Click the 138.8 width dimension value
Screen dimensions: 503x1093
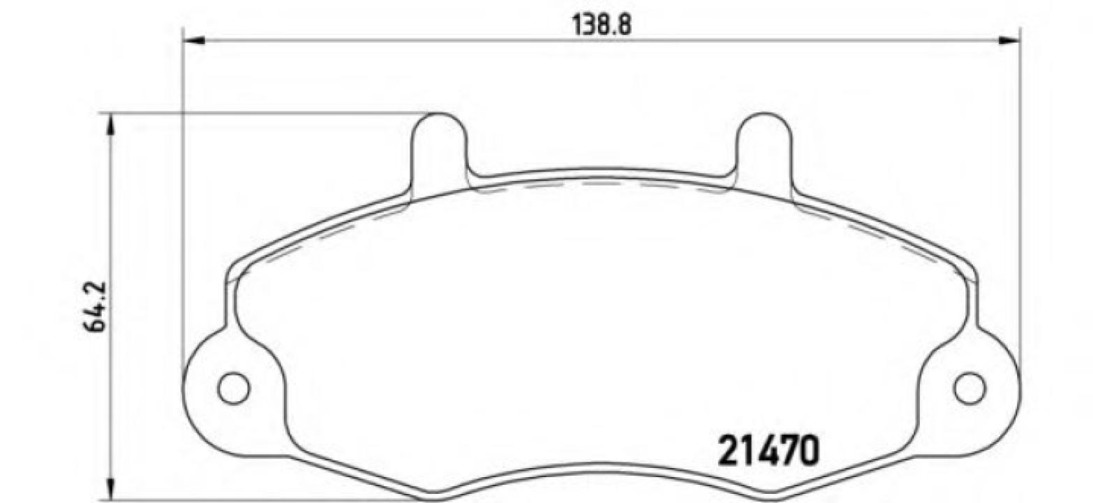click(601, 25)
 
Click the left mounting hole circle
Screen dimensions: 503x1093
click(233, 388)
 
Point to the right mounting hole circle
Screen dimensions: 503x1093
click(969, 388)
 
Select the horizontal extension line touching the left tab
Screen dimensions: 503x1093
click(265, 112)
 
